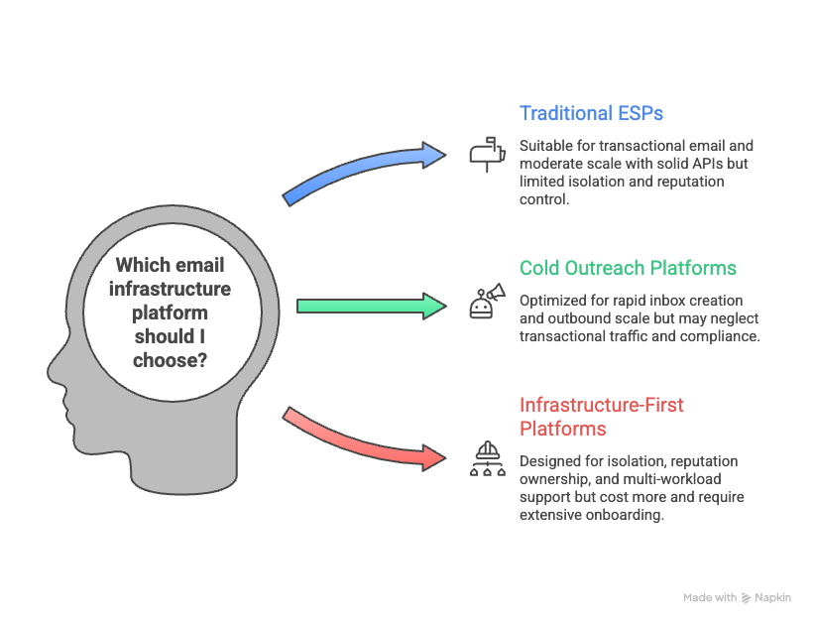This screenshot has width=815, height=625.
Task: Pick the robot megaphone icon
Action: (x=484, y=302)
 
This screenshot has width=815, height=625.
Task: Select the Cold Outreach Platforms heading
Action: (x=628, y=268)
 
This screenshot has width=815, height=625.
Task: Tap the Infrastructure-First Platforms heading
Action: (x=602, y=416)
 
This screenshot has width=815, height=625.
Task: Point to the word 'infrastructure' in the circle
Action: (x=170, y=290)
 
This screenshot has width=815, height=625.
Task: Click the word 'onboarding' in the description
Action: (x=628, y=515)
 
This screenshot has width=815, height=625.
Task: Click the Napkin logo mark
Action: (x=746, y=597)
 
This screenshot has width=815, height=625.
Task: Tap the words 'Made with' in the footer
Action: (x=709, y=597)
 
